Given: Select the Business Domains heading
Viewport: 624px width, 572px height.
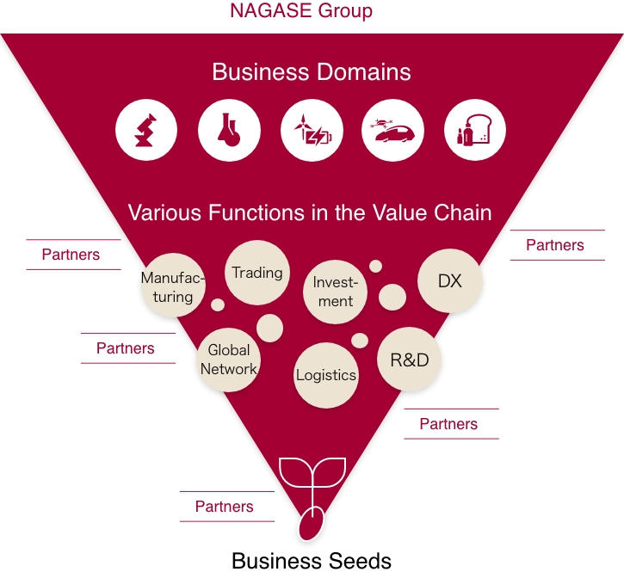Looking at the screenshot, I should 312,71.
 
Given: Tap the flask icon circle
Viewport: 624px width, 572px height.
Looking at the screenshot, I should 229,131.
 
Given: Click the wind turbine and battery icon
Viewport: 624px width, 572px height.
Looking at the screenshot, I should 312,131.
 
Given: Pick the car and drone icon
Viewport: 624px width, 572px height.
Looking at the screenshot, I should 393,131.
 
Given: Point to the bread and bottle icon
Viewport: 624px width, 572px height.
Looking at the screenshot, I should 475,131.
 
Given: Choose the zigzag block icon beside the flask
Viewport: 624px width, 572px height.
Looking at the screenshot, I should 147,131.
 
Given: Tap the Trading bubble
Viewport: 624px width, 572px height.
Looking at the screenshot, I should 256,273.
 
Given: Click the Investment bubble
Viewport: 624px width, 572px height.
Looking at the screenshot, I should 335,292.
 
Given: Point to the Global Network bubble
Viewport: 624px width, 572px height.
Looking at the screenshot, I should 229,360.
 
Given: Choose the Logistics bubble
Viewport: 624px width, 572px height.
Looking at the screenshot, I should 326,375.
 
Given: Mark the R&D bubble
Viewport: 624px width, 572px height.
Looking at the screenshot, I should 410,360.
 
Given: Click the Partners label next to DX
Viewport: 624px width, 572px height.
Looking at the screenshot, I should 554,245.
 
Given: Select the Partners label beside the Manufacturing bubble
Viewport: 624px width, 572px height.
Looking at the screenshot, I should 71,255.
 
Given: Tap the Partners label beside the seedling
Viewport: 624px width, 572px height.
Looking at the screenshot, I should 224,507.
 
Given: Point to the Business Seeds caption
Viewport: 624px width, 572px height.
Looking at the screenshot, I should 312,561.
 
